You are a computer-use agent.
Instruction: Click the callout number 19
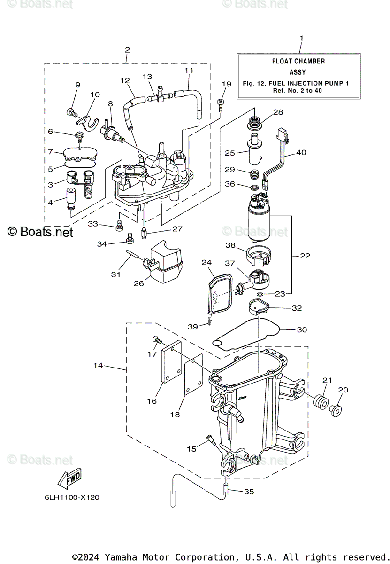(226, 84)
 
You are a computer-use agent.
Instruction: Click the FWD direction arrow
(69, 478)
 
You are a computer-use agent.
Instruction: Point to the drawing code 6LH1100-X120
(72, 498)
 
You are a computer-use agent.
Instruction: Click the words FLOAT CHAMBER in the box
(298, 61)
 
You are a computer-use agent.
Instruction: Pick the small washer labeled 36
(254, 188)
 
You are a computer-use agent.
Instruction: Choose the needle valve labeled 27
(144, 232)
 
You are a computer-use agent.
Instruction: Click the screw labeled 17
(157, 340)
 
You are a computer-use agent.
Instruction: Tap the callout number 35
(249, 492)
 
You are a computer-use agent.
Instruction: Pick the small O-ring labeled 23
(260, 294)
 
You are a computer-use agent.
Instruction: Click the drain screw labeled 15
(210, 439)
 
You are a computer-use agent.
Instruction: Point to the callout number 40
(301, 152)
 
